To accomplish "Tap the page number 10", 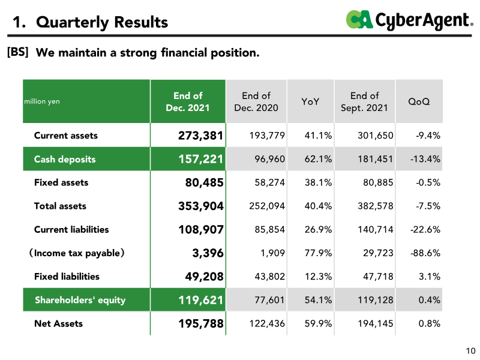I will (470, 351).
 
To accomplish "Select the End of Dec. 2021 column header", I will (188, 101).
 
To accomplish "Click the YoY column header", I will (310, 101).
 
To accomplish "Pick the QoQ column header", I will (418, 101).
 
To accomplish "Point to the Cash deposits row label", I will (65, 159).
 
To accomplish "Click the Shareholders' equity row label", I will (80, 300).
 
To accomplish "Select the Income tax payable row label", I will (77, 253).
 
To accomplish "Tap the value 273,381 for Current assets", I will (200, 136).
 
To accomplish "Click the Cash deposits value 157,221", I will (200, 159).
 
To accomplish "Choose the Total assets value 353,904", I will (200, 206).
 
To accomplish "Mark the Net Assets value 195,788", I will (200, 323).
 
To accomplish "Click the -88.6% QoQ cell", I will (425, 253).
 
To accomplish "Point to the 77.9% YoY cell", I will (318, 253).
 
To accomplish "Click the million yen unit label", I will (42, 101).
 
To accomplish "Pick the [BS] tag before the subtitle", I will (17, 52).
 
